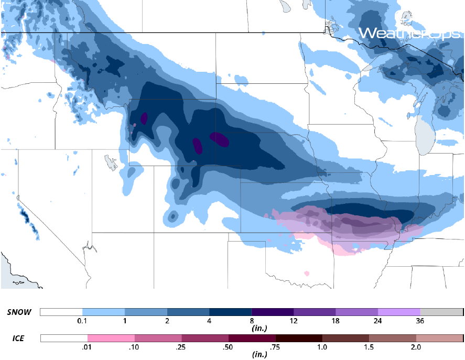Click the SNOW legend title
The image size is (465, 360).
pyautogui.click(x=19, y=312)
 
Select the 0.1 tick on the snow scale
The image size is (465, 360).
pyautogui.click(x=82, y=321)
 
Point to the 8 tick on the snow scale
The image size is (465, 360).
pyautogui.click(x=252, y=321)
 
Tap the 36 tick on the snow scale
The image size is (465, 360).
pyautogui.click(x=420, y=321)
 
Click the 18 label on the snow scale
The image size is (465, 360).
pyautogui.click(x=336, y=321)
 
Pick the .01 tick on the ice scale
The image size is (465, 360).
pyautogui.click(x=88, y=346)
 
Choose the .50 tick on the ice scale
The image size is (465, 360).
pyautogui.click(x=229, y=346)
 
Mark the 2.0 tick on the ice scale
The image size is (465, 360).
pyautogui.click(x=416, y=346)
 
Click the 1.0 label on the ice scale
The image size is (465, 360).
pyautogui.click(x=322, y=346)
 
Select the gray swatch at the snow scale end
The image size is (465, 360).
pyautogui.click(x=441, y=312)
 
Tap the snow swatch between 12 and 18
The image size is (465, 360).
pyautogui.click(x=315, y=312)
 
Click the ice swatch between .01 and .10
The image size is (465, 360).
pyautogui.click(x=111, y=338)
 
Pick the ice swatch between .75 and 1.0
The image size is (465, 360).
pyautogui.click(x=299, y=338)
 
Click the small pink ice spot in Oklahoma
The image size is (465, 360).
pyautogui.click(x=307, y=273)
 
